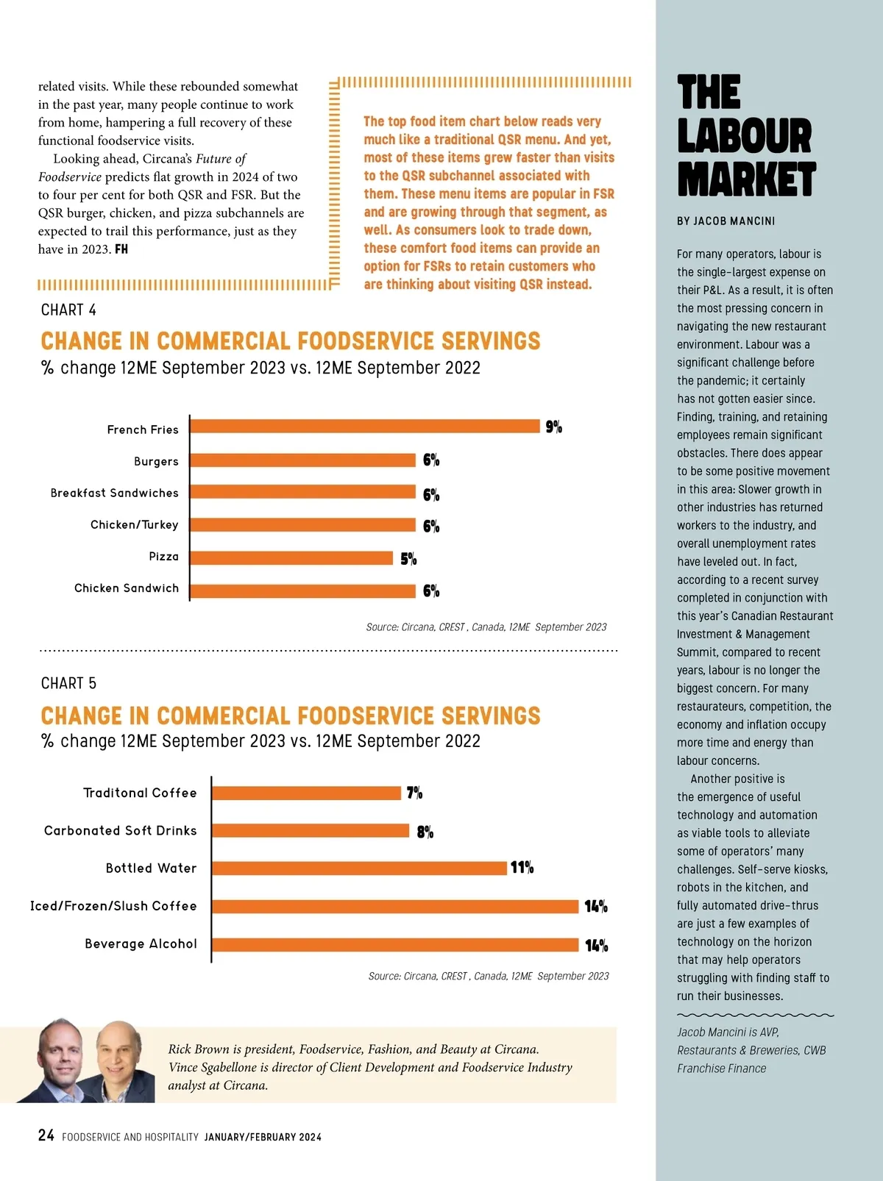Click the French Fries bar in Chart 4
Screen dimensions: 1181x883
coord(365,427)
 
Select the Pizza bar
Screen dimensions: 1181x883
coord(291,558)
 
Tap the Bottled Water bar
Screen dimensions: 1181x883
coord(359,868)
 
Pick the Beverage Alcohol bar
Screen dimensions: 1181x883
coord(395,945)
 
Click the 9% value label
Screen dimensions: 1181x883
coord(554,427)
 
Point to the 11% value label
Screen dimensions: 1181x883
coord(522,868)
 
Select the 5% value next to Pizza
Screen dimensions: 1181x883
coord(408,559)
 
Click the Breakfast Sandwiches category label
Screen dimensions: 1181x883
coord(115,493)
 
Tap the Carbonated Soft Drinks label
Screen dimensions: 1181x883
coord(121,831)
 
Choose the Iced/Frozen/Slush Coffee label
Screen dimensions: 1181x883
coord(113,906)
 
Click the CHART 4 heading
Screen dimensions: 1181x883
coord(68,310)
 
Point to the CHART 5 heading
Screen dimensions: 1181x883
coord(68,684)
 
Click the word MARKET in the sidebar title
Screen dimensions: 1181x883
coord(746,180)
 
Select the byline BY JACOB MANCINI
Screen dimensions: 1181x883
coord(726,221)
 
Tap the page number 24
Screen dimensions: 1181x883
coord(46,1136)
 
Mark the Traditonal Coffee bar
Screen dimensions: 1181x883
coord(306,793)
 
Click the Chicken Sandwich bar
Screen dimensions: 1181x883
coord(303,590)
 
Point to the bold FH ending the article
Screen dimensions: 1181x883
coord(121,249)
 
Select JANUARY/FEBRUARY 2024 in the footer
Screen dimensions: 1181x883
coord(263,1137)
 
